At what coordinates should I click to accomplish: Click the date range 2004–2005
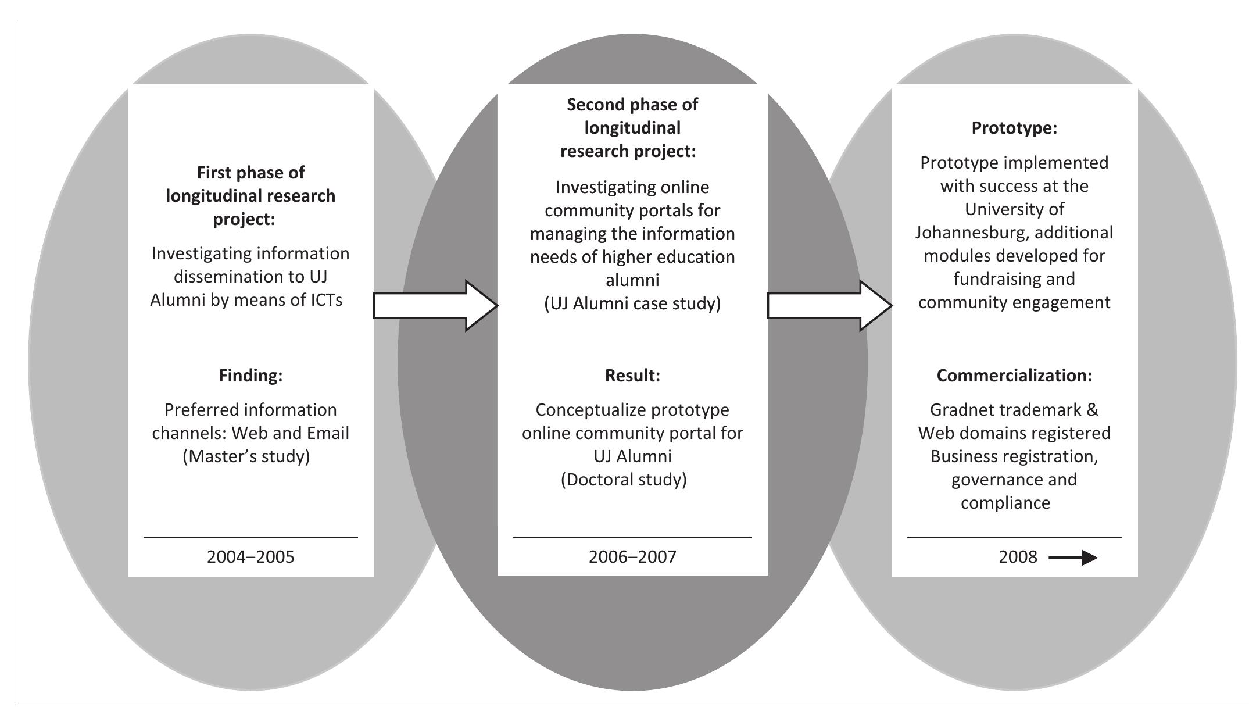click(x=250, y=557)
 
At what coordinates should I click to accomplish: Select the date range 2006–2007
click(x=632, y=557)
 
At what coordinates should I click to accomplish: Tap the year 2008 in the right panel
click(x=1018, y=557)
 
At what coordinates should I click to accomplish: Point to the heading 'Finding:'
click(x=250, y=376)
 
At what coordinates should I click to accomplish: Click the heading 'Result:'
click(x=632, y=376)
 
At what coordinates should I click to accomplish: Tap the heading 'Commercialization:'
click(x=1014, y=376)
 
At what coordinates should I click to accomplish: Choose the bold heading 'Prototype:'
click(x=1014, y=128)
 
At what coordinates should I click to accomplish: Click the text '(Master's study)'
click(x=246, y=456)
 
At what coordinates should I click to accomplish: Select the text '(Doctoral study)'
click(x=624, y=480)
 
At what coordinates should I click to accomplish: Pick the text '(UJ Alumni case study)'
click(x=632, y=303)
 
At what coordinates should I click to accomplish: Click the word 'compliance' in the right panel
click(x=1005, y=503)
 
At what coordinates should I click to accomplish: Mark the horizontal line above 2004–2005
click(x=250, y=537)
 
